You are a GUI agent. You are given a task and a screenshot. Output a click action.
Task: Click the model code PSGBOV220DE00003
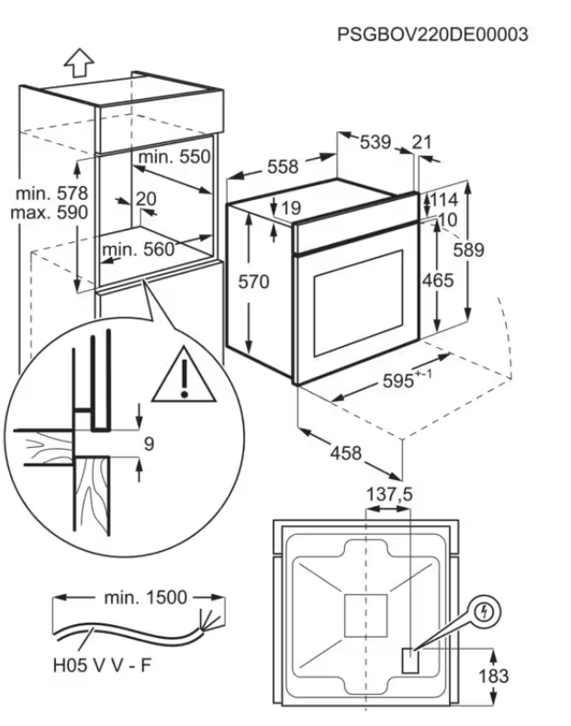432,35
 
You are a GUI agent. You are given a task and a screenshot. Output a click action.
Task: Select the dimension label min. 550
175,157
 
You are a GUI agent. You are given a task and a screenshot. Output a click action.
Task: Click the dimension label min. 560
138,249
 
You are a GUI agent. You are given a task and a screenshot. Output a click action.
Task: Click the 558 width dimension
283,166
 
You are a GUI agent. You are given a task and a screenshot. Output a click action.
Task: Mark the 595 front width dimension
410,384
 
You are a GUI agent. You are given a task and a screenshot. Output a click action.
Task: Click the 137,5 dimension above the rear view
390,495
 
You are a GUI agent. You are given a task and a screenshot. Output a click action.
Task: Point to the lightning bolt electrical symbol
486,610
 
